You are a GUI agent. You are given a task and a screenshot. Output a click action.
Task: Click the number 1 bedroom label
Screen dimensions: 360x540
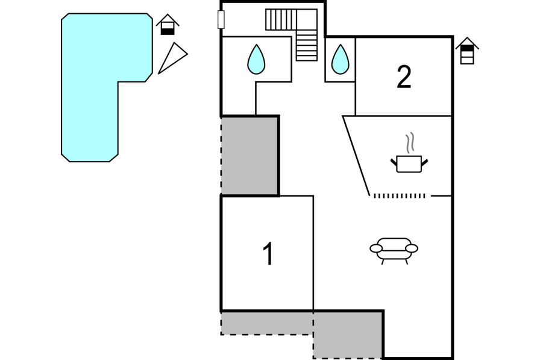coord(268,254)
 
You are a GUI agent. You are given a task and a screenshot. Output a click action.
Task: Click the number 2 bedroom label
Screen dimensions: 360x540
coord(404,77)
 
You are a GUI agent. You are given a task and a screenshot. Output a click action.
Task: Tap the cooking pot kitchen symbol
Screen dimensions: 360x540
coord(409,163)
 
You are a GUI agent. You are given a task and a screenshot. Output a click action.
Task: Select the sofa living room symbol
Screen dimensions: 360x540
coord(394,249)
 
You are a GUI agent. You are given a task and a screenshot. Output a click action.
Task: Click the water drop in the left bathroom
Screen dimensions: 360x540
coord(256,60)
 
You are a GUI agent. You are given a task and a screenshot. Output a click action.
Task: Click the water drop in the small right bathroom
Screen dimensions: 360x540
coord(340,60)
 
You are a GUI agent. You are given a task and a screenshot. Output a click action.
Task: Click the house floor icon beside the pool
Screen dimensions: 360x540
coord(168,25)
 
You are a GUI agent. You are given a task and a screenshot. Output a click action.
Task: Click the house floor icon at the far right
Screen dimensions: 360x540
coord(467,51)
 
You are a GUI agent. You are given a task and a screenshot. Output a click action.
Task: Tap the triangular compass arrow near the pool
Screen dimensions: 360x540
coord(173,58)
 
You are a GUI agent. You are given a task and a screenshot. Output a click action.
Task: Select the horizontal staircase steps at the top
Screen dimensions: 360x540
coord(281,19)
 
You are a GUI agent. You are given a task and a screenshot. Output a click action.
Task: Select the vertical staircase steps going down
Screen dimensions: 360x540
coord(307,45)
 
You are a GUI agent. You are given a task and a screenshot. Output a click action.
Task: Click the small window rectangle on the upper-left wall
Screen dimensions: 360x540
coord(221,20)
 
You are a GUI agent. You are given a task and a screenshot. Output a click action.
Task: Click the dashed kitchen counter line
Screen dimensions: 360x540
coord(399,195)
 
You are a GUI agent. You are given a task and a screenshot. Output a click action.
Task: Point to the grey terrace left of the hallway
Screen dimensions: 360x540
coord(250,156)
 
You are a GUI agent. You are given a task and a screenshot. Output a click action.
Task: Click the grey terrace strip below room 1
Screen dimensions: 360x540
coord(266,322)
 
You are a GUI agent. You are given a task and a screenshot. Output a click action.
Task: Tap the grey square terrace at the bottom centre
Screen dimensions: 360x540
coord(348,334)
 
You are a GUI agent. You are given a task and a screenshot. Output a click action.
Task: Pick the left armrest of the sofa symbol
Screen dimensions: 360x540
coord(376,248)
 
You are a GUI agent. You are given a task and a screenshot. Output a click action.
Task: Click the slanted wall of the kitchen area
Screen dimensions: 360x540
coord(356,156)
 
